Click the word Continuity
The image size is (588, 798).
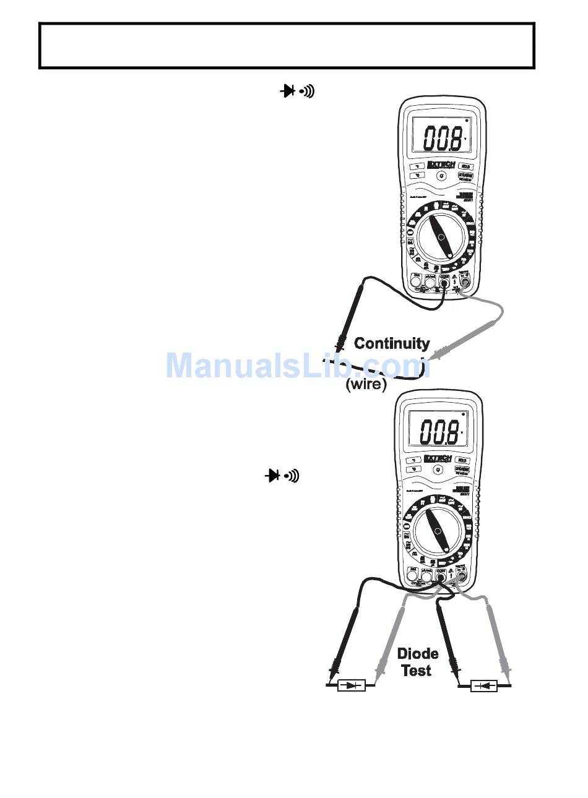coord(392,344)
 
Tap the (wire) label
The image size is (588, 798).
coord(366,384)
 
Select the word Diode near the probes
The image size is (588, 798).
coord(418,654)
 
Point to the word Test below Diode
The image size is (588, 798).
coord(417,671)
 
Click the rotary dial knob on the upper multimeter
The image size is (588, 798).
coord(441,238)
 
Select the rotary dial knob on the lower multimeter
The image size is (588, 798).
coord(438,531)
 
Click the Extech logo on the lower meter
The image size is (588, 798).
coord(438,458)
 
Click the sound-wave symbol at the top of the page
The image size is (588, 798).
coord(308,92)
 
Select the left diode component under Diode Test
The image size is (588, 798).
coord(352,685)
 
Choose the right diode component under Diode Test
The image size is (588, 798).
coord(484,685)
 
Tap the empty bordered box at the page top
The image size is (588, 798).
coord(287,46)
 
